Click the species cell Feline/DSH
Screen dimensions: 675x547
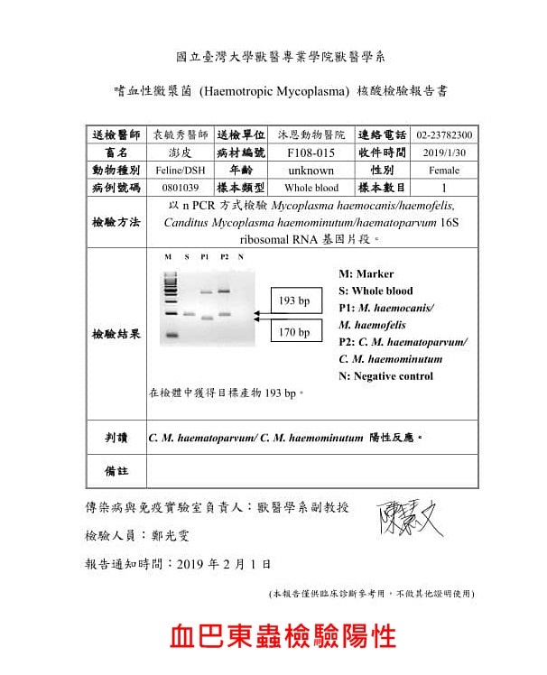coord(174,170)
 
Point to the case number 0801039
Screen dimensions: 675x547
coord(174,188)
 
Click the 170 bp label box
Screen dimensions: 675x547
coord(294,332)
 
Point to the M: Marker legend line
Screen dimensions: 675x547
coord(366,273)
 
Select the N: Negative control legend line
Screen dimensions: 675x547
coord(385,375)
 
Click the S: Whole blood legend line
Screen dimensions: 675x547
coord(376,291)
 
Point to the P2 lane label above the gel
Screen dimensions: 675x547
coord(224,257)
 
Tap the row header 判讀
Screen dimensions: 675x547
coord(116,437)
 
